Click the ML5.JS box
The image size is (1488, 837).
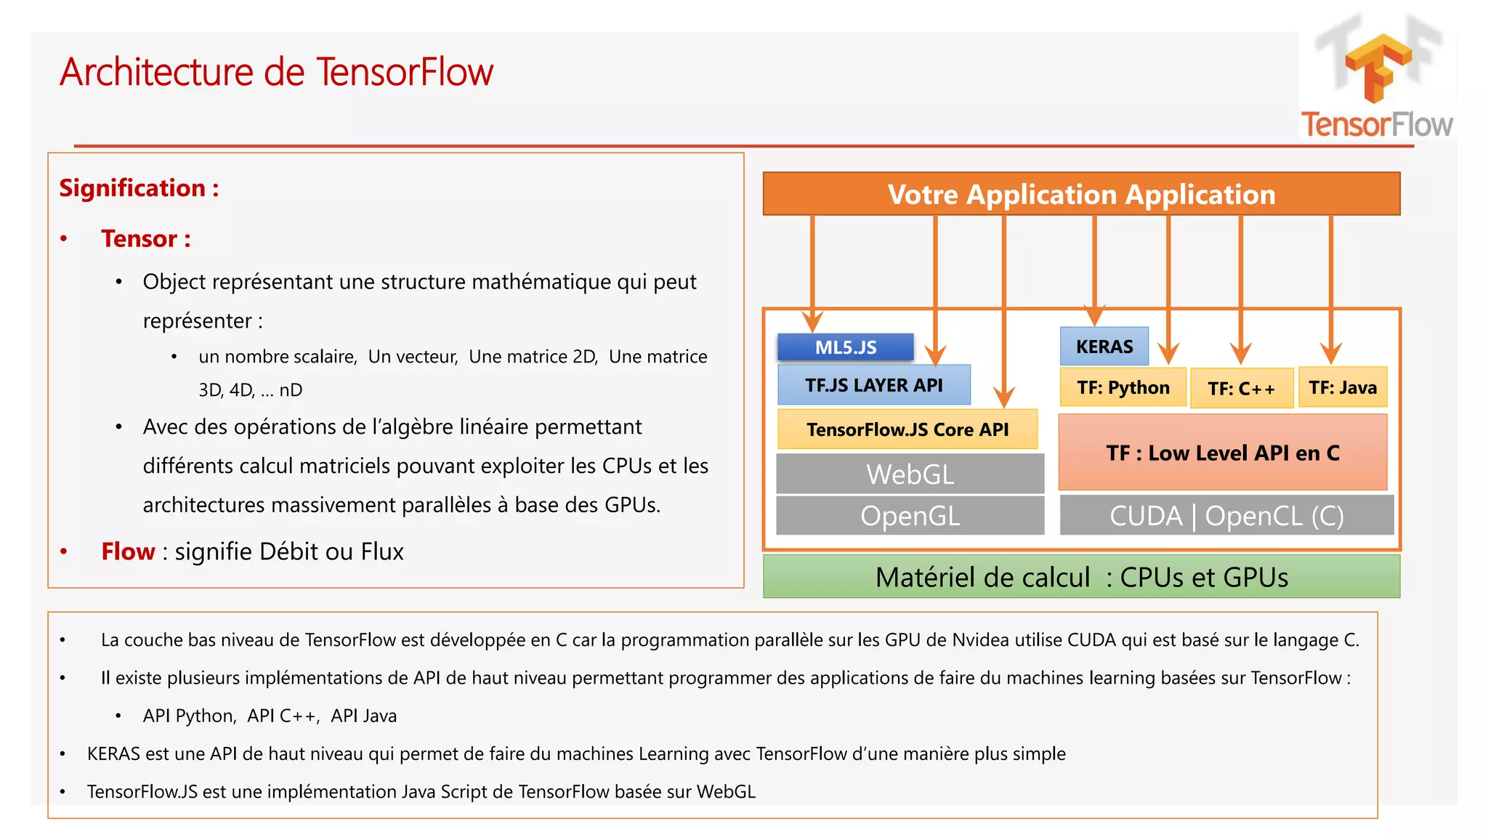pos(845,347)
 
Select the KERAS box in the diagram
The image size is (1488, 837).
pos(1104,347)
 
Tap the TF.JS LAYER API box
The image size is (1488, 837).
pos(873,385)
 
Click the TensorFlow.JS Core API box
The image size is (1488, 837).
pos(907,429)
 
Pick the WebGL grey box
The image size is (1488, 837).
pos(910,474)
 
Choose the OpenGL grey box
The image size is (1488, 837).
pos(910,516)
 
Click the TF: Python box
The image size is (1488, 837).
pos(1123,387)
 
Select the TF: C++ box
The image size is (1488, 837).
pos(1241,389)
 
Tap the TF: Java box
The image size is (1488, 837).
pos(1342,387)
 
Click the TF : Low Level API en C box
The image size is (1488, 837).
pos(1222,453)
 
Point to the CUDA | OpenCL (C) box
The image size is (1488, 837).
pos(1226,516)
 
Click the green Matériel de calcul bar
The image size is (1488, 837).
pos(1080,577)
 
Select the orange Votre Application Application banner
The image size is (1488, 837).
pos(1080,194)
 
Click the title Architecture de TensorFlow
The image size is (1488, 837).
pos(276,72)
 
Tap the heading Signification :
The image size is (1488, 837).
pos(139,188)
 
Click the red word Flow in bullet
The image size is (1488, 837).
pos(128,551)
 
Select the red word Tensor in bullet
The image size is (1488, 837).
pos(139,239)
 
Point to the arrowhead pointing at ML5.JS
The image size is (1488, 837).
pos(812,321)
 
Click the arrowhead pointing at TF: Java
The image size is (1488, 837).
pos(1330,354)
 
